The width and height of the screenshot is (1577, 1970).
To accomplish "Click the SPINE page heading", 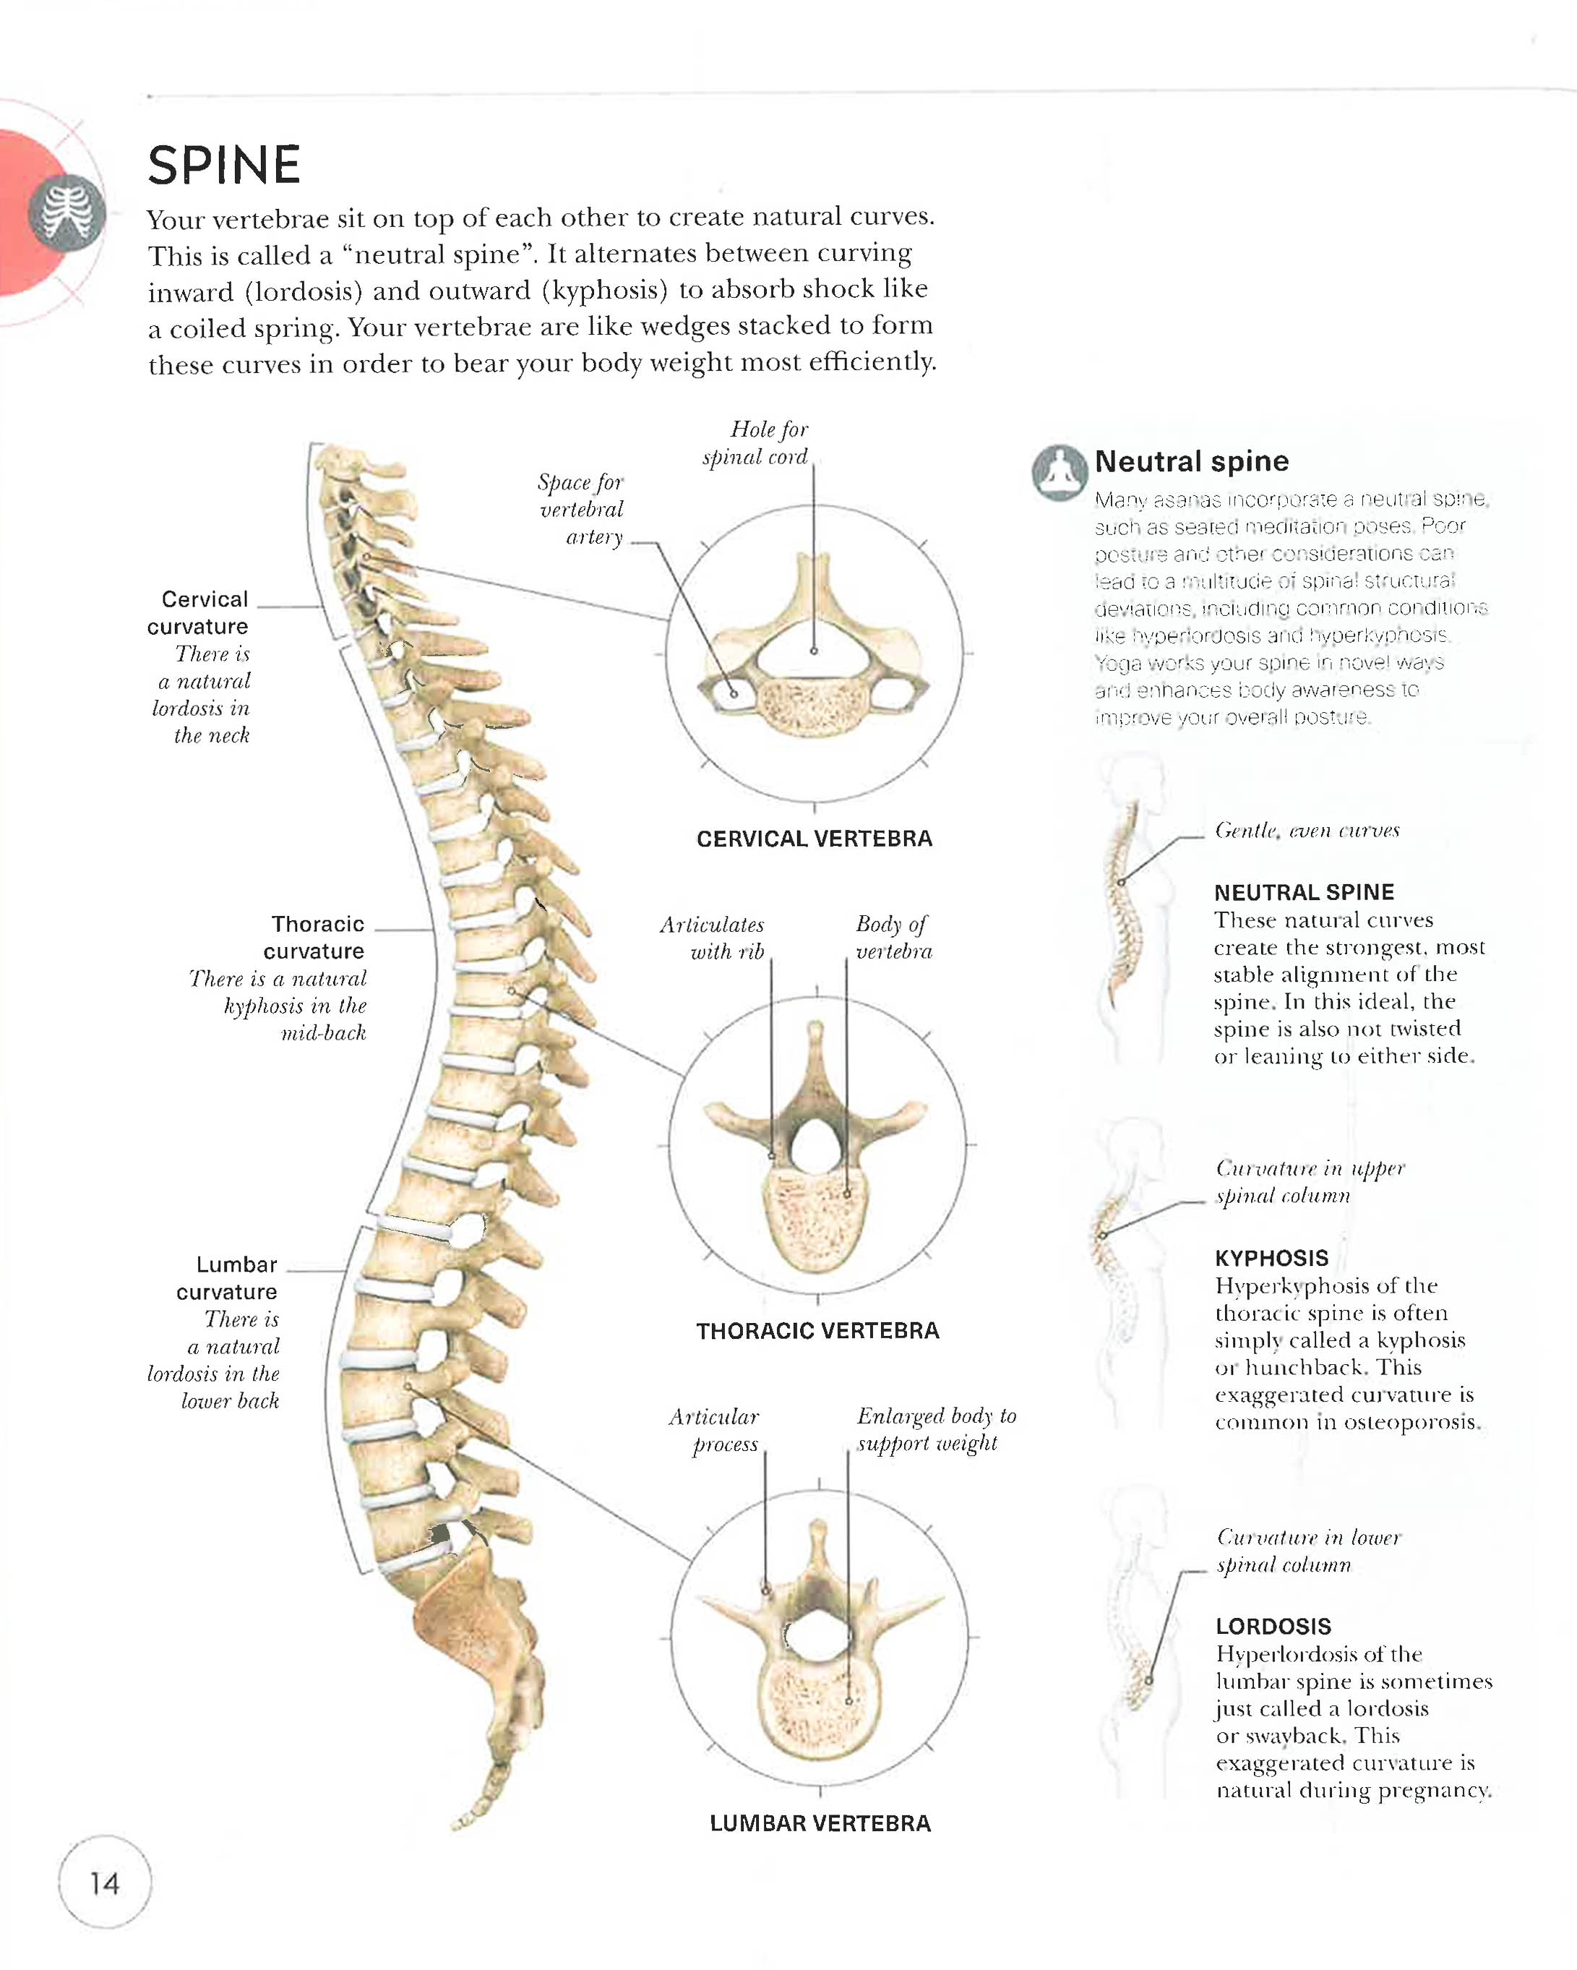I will click(224, 166).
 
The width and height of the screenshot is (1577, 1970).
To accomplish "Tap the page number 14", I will click(104, 1883).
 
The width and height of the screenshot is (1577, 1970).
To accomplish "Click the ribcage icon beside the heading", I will click(68, 212).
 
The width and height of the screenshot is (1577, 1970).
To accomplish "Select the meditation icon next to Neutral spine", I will click(1059, 472).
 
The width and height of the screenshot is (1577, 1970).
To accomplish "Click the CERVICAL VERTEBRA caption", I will click(814, 839).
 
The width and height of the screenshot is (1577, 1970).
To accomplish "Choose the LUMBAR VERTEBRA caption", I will click(820, 1823).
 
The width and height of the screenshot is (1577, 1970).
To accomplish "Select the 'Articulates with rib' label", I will click(713, 938).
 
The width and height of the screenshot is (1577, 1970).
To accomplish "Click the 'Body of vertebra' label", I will click(893, 938).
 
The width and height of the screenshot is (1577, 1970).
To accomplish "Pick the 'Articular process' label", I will click(716, 1430).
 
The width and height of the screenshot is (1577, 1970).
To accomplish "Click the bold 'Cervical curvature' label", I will click(199, 613).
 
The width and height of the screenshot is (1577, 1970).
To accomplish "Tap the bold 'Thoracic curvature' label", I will click(315, 938).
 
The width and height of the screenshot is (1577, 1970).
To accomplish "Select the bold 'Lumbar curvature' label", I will click(228, 1277).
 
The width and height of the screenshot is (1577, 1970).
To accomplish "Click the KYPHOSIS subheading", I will click(1271, 1258).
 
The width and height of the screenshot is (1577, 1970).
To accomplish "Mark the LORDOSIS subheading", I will click(1273, 1627).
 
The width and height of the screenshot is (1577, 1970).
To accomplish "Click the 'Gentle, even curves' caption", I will click(1307, 831).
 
